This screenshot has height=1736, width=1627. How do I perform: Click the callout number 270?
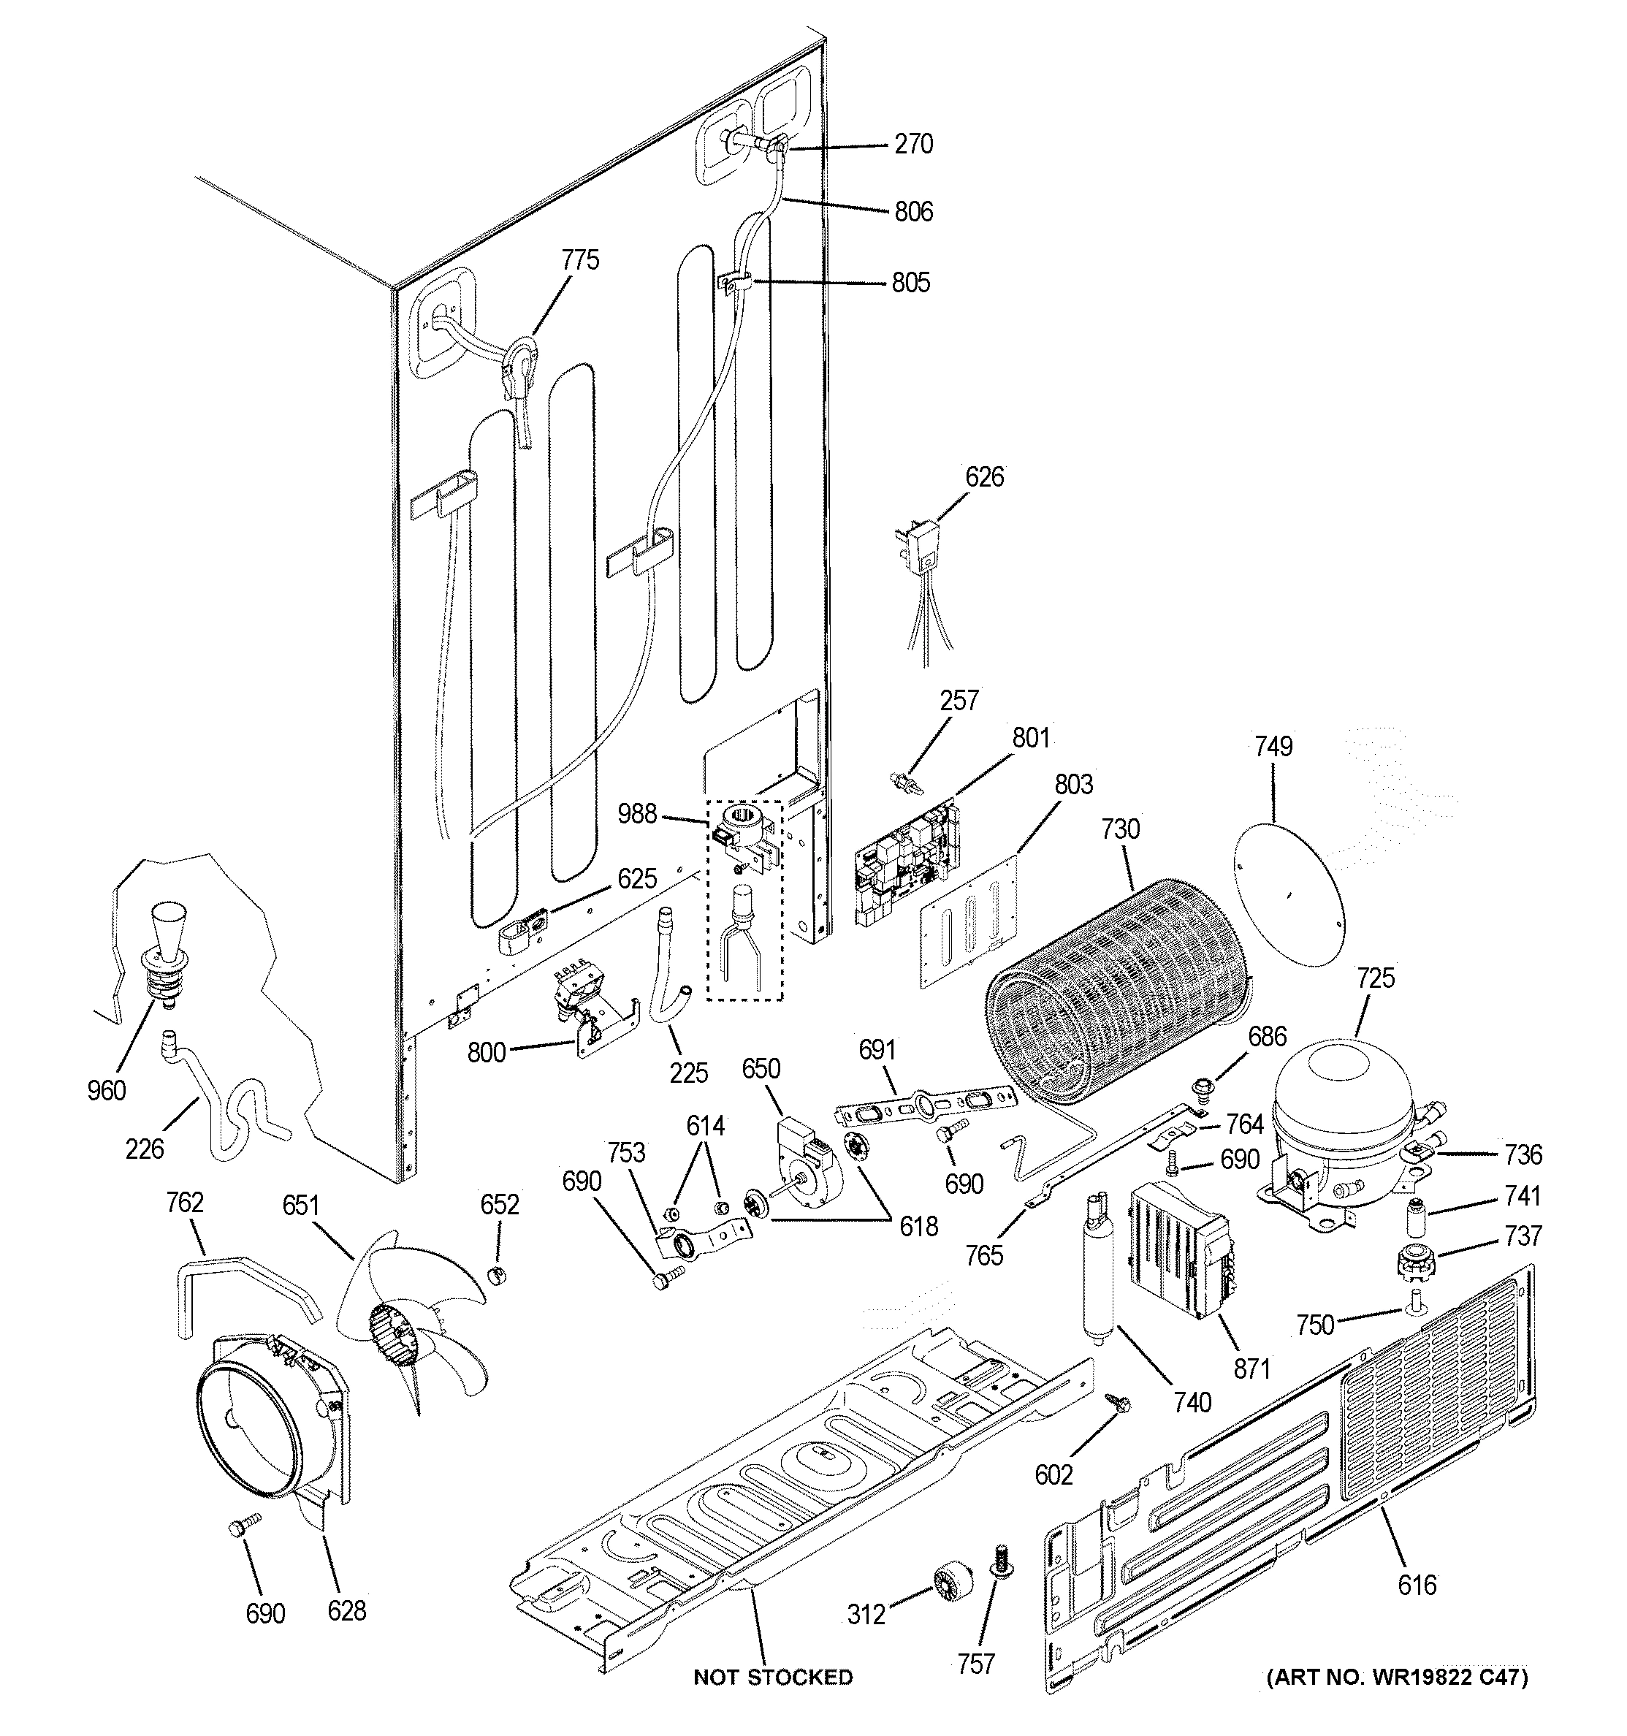click(x=913, y=143)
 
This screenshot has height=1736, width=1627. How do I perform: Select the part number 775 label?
click(x=580, y=259)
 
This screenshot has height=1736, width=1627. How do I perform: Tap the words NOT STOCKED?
click(x=772, y=1677)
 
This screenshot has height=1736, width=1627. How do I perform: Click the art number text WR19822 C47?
click(x=1398, y=1677)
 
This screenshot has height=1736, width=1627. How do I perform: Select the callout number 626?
click(x=984, y=477)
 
